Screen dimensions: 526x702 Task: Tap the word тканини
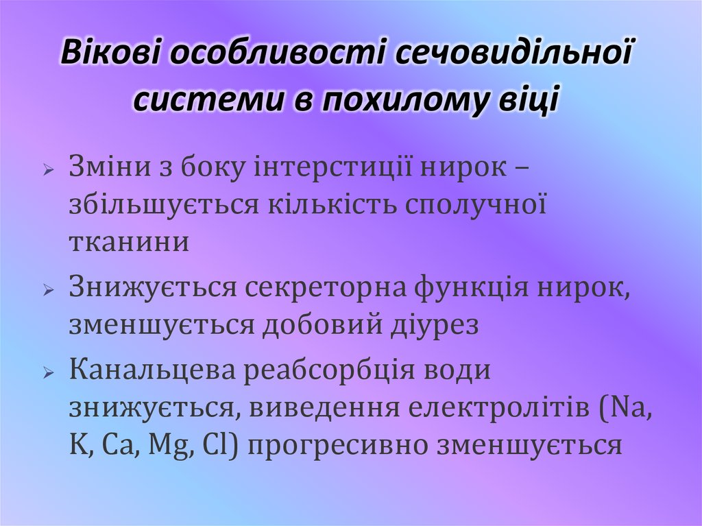tap(129, 242)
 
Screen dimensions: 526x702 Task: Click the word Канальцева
tap(154, 372)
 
